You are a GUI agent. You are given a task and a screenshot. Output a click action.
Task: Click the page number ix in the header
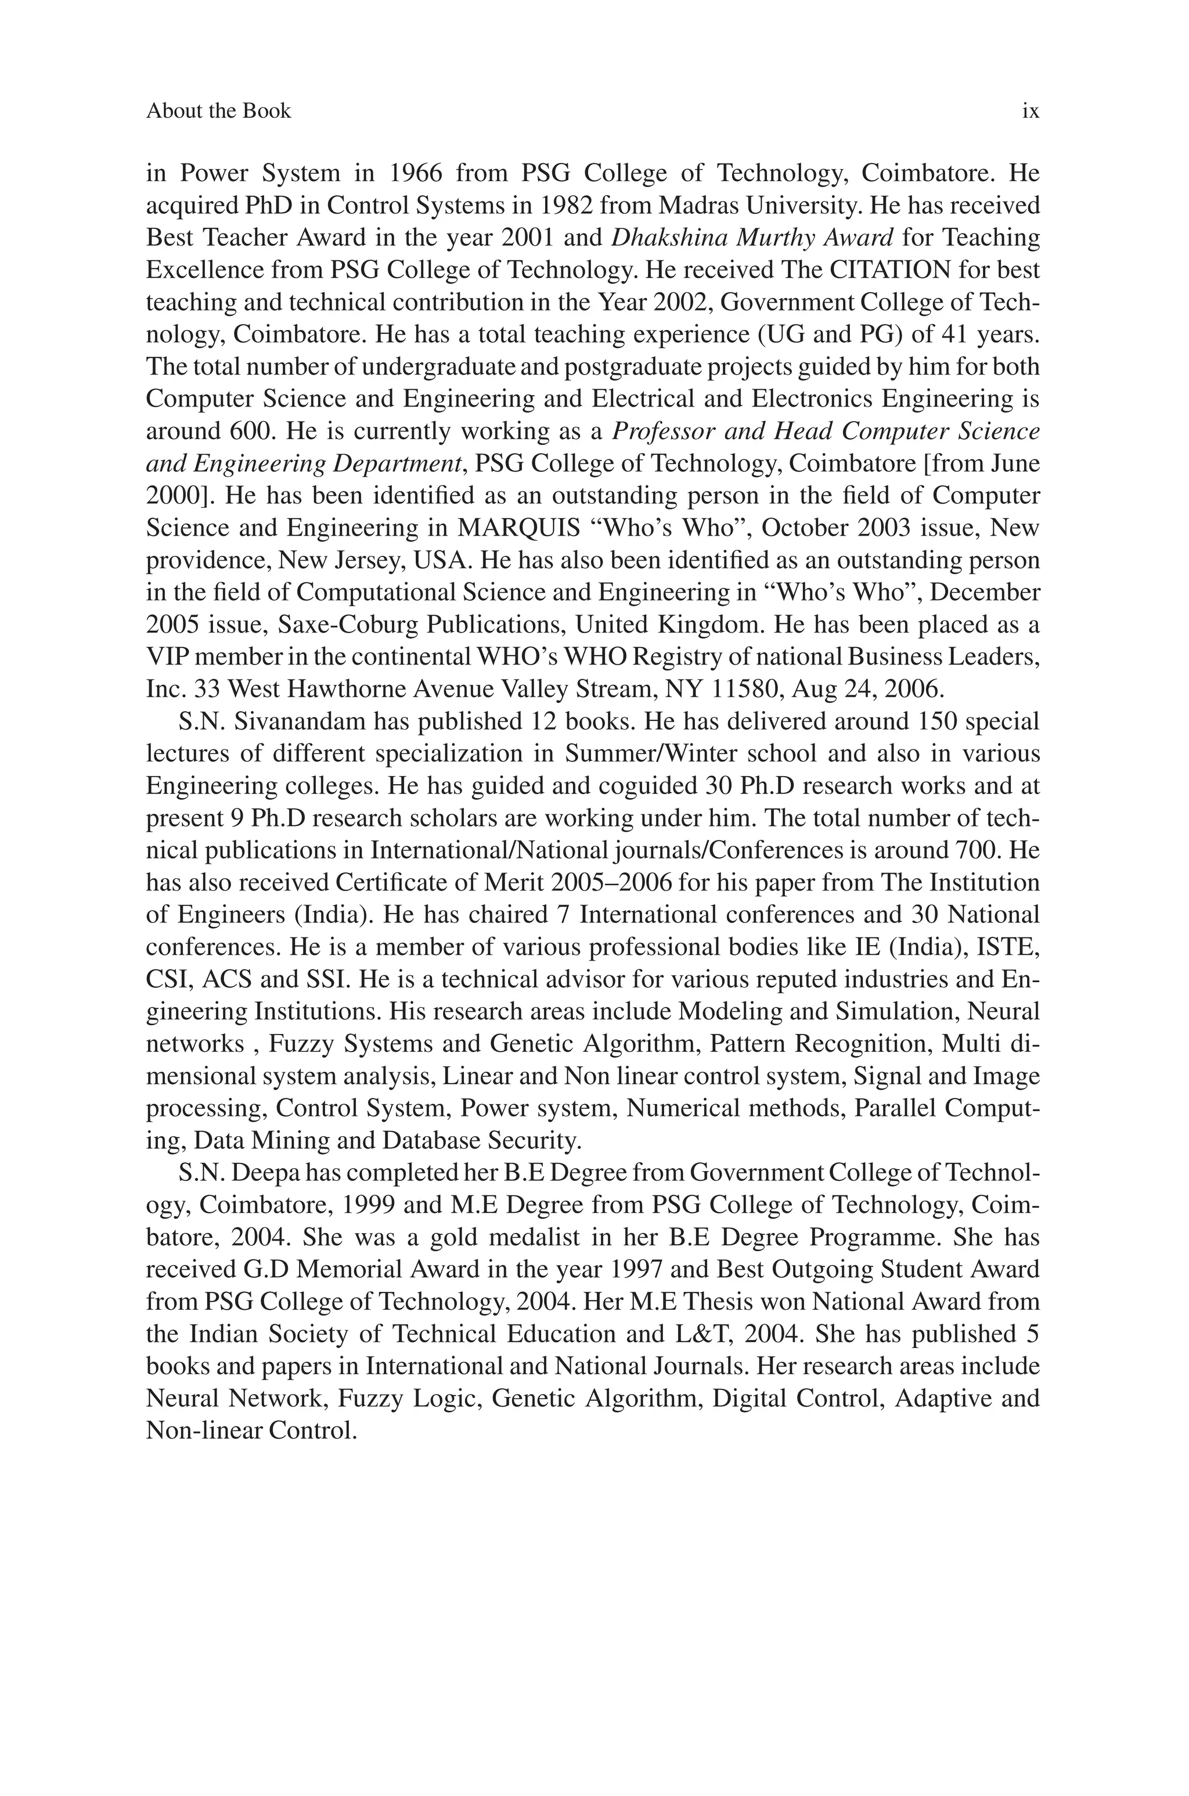[1030, 112]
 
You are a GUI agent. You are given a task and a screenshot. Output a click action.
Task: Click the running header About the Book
[218, 112]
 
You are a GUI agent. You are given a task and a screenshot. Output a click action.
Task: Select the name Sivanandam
[300, 721]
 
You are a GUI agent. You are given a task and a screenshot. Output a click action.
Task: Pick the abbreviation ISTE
[1009, 947]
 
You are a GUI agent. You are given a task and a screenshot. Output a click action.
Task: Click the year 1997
[636, 1270]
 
